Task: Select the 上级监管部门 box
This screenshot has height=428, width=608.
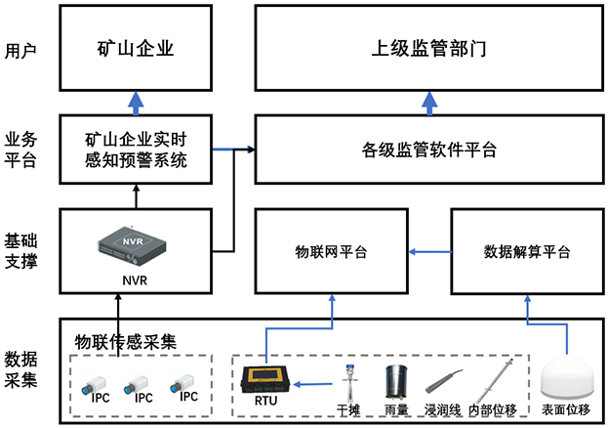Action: point(429,46)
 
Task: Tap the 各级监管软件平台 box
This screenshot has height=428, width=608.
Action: point(429,150)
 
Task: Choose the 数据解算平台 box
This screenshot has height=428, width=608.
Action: point(527,252)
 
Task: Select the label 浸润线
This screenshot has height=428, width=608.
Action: point(443,409)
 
